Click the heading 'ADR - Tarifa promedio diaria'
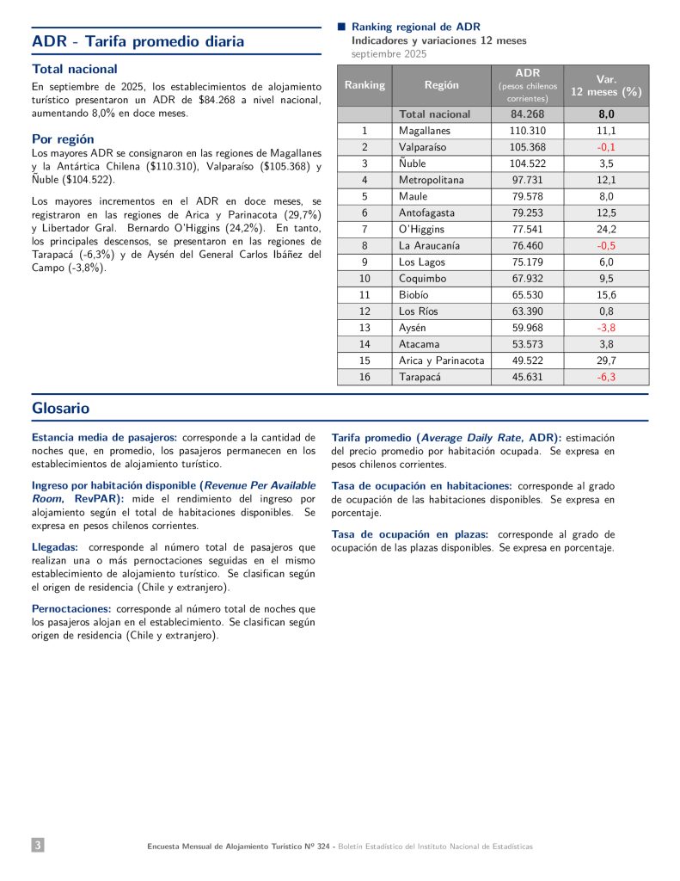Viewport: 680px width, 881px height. tap(138, 41)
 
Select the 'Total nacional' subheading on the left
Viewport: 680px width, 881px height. tap(75, 69)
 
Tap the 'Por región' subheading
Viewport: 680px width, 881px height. tap(63, 139)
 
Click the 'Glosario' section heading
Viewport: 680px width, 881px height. tap(60, 408)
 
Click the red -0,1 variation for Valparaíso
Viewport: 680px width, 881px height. tap(606, 147)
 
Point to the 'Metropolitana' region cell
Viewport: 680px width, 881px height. tap(431, 180)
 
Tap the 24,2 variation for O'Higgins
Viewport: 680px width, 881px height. tap(606, 229)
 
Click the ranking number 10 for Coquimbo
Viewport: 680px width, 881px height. tap(365, 278)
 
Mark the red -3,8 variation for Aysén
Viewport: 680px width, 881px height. tap(606, 327)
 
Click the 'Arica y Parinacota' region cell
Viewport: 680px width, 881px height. tap(441, 360)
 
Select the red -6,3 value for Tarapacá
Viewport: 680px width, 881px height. tap(606, 377)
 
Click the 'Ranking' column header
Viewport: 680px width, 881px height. tap(365, 85)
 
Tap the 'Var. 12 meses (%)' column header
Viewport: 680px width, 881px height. tap(606, 85)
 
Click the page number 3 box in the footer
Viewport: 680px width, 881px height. tap(38, 846)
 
